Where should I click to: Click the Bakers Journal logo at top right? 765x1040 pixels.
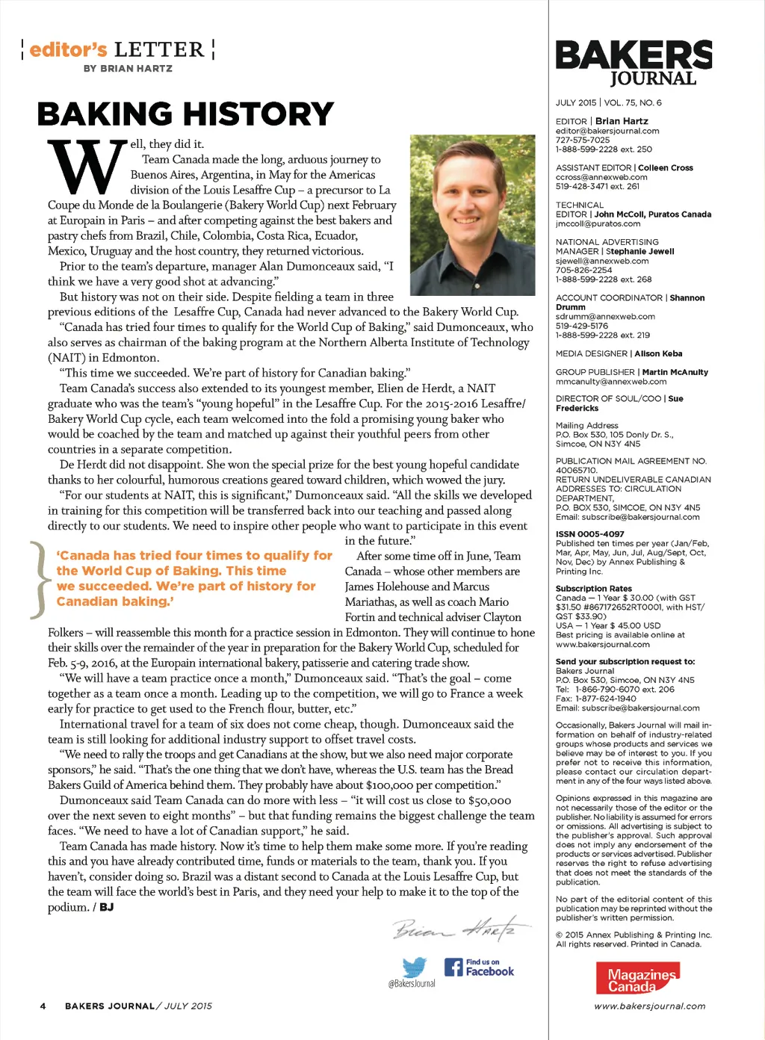[634, 63]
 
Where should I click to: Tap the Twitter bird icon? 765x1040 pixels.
[414, 967]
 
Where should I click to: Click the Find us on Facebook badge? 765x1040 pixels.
[479, 968]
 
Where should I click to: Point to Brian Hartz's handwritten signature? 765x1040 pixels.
[461, 929]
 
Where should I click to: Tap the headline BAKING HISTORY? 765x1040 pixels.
[185, 114]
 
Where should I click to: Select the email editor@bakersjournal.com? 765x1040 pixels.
[607, 131]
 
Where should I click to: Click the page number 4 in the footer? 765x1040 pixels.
[43, 1006]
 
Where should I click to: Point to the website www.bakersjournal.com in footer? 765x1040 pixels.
[649, 1006]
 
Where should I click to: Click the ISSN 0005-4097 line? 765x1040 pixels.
[590, 534]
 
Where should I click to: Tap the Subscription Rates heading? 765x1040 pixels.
[594, 589]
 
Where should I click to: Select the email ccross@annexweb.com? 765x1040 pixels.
[601, 177]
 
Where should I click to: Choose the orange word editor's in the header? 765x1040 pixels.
[69, 50]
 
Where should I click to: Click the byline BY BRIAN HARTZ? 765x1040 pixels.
[128, 69]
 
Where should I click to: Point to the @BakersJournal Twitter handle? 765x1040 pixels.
[412, 983]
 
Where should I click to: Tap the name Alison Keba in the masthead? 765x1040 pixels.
[658, 353]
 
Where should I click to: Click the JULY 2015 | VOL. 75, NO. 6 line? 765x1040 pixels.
[608, 103]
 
